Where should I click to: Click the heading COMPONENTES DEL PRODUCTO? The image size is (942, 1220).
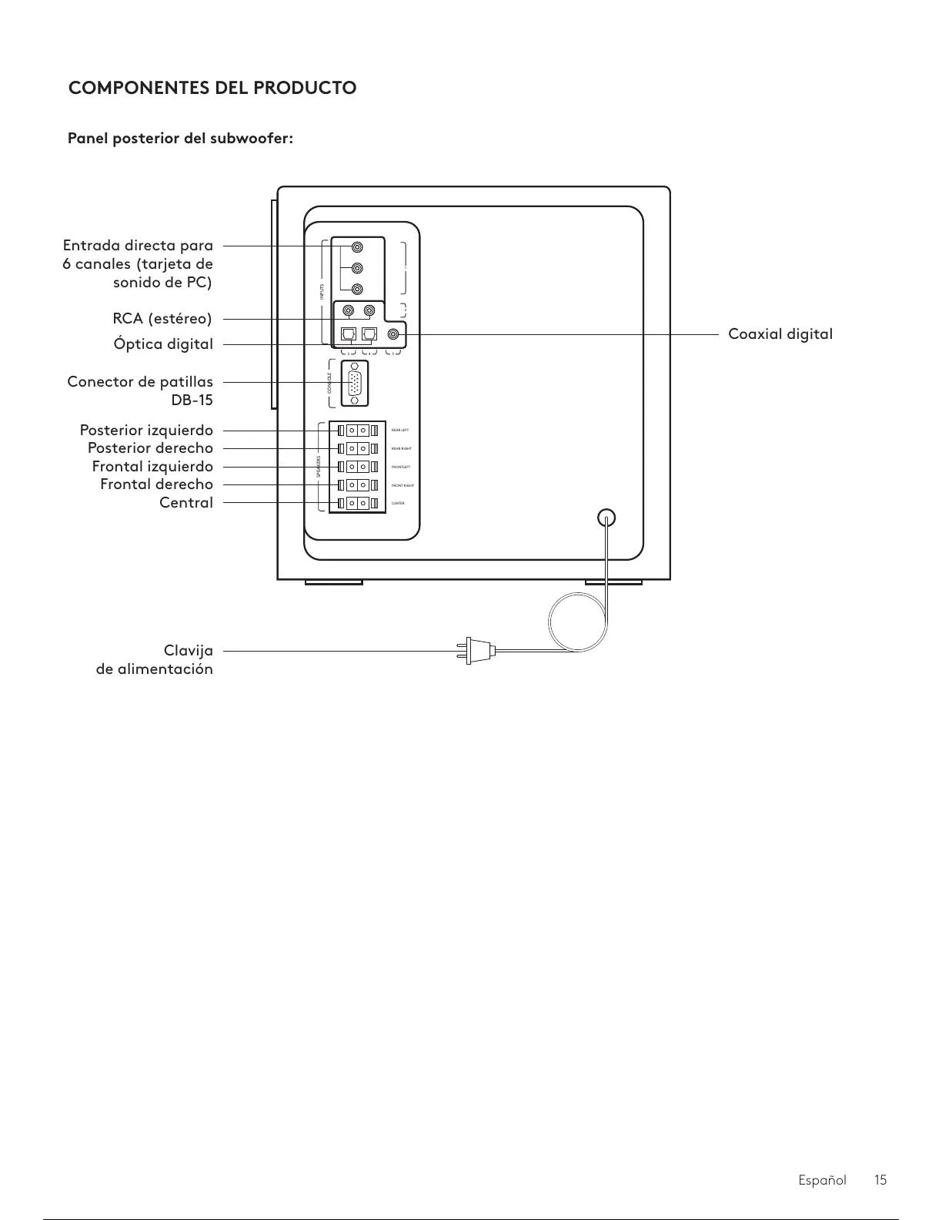[212, 88]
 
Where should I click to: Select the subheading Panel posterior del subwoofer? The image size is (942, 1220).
[181, 139]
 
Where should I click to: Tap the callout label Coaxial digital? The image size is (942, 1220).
[780, 334]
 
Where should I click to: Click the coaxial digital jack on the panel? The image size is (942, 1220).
[394, 334]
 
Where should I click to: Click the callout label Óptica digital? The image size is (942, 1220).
[163, 344]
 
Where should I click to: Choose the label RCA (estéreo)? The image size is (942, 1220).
[162, 319]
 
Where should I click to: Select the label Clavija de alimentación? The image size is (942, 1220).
[155, 660]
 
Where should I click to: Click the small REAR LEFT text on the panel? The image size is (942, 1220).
[400, 431]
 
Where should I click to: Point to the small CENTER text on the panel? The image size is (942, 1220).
[398, 504]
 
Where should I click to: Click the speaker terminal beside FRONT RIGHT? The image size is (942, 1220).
[357, 485]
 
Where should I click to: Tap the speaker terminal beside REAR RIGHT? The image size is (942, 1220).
[357, 448]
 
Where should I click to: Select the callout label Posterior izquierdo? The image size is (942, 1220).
[146, 431]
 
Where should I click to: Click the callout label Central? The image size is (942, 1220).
[186, 503]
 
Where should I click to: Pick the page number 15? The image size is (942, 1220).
[880, 1180]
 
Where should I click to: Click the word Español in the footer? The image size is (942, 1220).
[822, 1180]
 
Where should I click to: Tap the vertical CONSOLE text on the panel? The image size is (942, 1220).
[329, 383]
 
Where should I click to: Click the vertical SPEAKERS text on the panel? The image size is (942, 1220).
[319, 467]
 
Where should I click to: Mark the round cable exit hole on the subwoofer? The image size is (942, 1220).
[607, 518]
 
